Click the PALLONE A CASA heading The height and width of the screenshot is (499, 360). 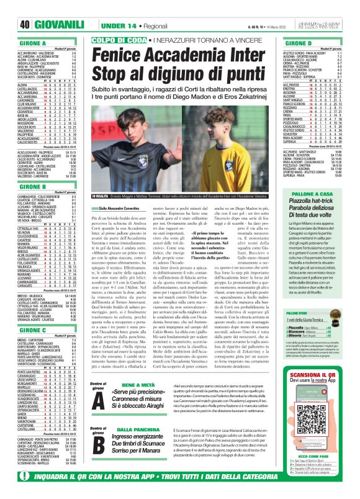click(x=313, y=194)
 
